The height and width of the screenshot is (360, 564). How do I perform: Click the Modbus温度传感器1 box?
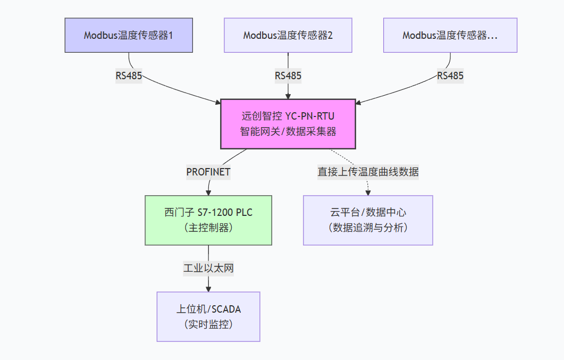click(129, 35)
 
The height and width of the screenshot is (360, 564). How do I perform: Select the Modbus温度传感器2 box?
click(288, 35)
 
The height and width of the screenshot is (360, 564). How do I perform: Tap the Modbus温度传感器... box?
click(450, 35)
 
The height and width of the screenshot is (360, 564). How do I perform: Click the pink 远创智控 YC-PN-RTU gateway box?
click(288, 124)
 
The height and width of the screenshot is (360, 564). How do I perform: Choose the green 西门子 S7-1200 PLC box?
click(208, 220)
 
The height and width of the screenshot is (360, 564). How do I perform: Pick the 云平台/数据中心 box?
click(368, 220)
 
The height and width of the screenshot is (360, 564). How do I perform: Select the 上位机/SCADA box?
click(208, 316)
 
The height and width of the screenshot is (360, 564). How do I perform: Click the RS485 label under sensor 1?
click(129, 76)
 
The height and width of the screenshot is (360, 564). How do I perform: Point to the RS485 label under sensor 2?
click(288, 76)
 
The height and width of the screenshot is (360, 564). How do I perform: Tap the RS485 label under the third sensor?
click(450, 76)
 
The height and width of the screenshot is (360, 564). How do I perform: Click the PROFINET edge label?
click(208, 172)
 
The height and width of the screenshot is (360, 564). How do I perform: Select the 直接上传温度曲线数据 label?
click(368, 172)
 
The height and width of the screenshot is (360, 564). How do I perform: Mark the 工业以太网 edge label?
click(208, 268)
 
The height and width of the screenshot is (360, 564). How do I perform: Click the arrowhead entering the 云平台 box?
click(368, 192)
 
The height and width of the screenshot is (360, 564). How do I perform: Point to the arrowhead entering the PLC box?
click(208, 192)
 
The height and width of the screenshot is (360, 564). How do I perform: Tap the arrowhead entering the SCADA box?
click(208, 289)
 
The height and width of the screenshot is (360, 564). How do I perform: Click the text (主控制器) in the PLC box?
click(208, 228)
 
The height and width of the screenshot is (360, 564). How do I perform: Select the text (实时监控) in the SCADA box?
click(208, 324)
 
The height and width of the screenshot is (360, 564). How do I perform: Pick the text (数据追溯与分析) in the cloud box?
click(368, 228)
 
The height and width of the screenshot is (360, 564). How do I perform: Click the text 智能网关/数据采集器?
click(288, 131)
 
